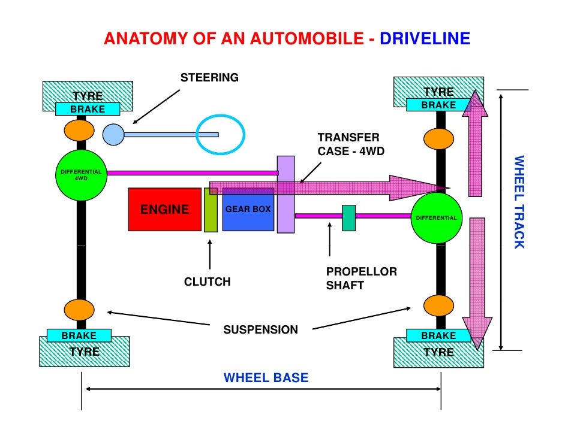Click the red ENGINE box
(x=164, y=210)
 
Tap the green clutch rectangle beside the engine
(x=211, y=210)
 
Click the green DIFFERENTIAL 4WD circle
(x=81, y=175)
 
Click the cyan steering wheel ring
(x=220, y=134)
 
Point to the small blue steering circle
(x=112, y=134)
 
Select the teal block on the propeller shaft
(x=348, y=217)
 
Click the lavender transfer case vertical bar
(x=285, y=194)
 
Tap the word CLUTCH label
(x=207, y=282)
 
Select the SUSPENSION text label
(x=260, y=330)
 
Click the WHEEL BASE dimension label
(x=266, y=378)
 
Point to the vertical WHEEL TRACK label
(x=518, y=202)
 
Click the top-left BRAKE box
(x=88, y=109)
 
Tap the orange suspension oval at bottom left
(x=79, y=309)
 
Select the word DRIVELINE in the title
(x=425, y=40)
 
